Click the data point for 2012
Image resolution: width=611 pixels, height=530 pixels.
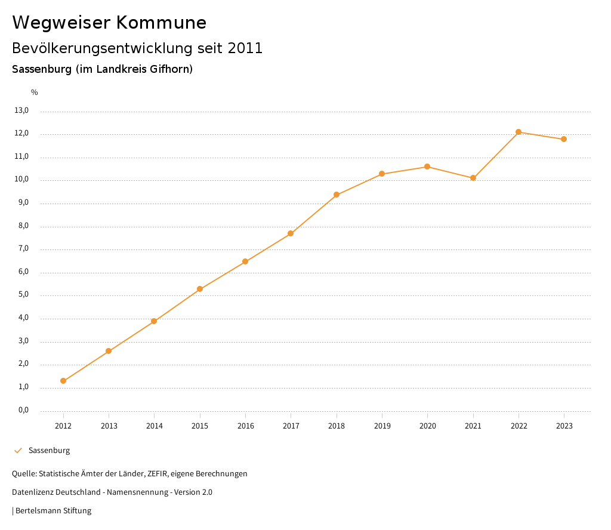click(x=63, y=381)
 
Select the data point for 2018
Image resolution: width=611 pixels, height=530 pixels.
click(x=337, y=195)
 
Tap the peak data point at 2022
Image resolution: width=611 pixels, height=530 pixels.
click(x=519, y=132)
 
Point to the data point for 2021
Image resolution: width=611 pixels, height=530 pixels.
click(x=473, y=178)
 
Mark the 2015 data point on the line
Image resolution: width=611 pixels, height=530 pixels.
click(x=200, y=289)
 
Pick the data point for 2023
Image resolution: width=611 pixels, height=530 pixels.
click(x=564, y=139)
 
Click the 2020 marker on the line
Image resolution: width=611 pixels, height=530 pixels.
click(x=427, y=167)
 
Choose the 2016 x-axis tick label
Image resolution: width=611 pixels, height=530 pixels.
click(x=245, y=426)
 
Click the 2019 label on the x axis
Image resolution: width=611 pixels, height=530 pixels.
click(x=382, y=426)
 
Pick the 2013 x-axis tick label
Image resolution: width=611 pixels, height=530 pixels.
click(x=109, y=426)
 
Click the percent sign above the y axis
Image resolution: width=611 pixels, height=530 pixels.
click(x=35, y=93)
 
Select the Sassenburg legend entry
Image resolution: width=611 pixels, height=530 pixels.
click(x=49, y=451)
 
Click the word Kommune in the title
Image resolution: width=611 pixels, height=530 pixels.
click(x=161, y=23)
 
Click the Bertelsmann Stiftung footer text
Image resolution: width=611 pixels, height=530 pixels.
click(x=53, y=511)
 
